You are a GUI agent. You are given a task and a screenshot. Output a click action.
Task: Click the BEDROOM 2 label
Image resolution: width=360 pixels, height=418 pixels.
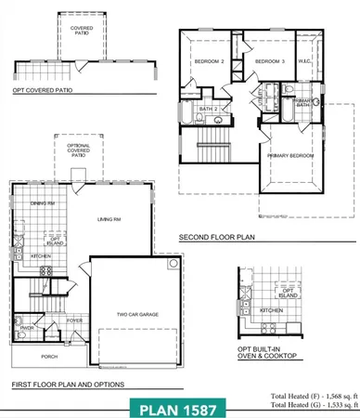210,61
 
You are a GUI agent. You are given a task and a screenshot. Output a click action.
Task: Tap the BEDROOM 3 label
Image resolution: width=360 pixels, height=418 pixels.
269,61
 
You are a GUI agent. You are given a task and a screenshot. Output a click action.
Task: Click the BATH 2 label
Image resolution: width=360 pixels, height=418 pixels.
209,110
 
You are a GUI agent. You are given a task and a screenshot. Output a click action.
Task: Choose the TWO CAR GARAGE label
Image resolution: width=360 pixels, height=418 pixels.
136,315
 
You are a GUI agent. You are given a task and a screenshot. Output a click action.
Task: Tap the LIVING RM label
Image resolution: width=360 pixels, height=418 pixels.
111,219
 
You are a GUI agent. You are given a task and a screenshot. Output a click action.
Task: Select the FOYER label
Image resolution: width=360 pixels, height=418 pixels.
74,322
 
